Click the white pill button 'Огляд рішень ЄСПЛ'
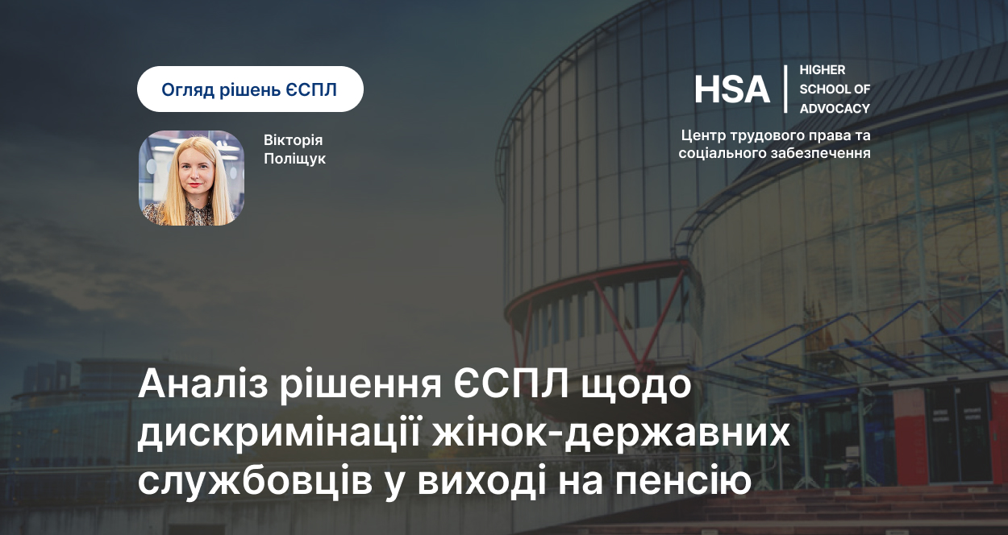click(250, 89)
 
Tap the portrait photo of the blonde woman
click(192, 178)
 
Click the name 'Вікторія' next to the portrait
click(293, 140)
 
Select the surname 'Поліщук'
click(295, 159)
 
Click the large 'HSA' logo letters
click(732, 89)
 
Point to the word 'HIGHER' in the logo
click(823, 70)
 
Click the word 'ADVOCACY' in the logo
click(835, 109)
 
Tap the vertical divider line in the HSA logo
click(785, 89)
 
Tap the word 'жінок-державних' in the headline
click(611, 433)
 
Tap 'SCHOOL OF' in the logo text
click(835, 89)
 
